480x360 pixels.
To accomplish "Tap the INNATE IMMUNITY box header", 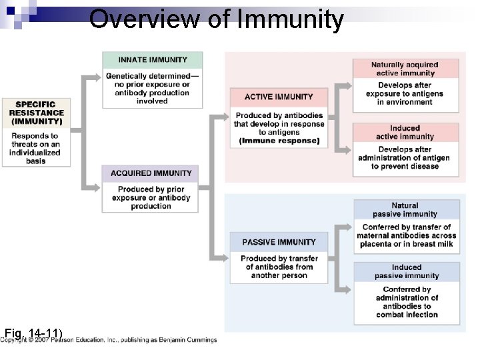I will [153, 60].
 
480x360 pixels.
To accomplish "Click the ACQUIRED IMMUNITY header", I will [151, 173].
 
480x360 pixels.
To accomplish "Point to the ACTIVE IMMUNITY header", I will [279, 97].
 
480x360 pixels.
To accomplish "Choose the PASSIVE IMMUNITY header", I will [279, 242].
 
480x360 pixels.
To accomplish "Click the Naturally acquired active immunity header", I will [405, 69].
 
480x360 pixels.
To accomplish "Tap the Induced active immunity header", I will [405, 132].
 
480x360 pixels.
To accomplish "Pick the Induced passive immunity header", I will [406, 271].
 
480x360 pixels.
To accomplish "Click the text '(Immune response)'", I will [279, 141].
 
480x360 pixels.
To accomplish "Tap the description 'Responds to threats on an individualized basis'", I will [35, 148].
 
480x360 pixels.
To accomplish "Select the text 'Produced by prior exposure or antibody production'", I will [151, 198].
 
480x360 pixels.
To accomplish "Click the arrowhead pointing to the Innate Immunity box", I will [98, 77].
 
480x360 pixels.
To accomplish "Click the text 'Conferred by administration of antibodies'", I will [407, 302].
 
